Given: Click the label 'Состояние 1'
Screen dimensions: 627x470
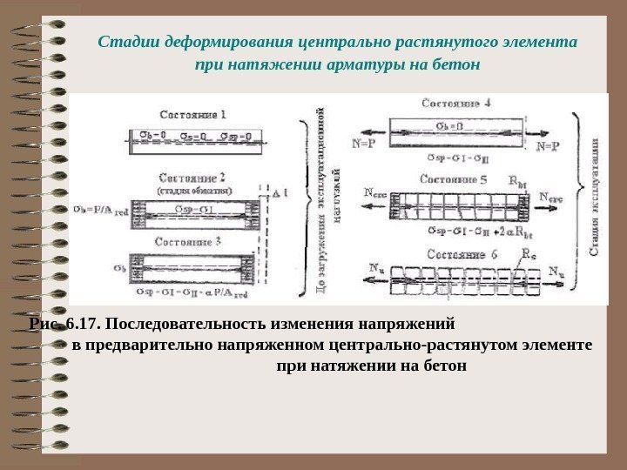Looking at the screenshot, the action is click(193, 114).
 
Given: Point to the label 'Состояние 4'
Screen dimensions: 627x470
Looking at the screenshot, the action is click(456, 102).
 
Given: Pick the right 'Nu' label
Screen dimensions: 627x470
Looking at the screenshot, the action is click(558, 269).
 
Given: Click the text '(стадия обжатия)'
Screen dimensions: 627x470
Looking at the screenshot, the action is click(193, 189).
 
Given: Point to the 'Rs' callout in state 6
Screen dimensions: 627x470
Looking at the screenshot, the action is click(528, 256).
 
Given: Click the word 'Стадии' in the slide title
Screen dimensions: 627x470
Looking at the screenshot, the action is click(123, 41).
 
